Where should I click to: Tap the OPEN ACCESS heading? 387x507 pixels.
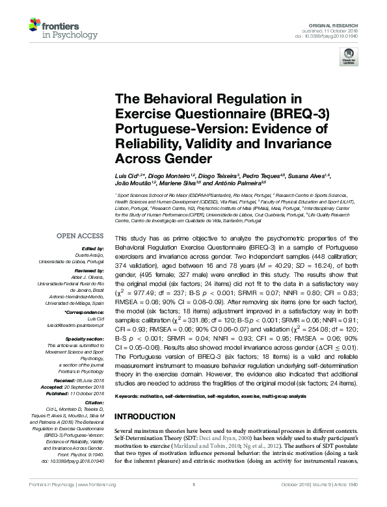(81, 236)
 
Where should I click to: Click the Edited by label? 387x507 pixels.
(96, 249)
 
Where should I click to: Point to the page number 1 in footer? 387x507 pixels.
(193, 502)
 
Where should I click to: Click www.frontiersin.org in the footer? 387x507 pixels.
(96, 502)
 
